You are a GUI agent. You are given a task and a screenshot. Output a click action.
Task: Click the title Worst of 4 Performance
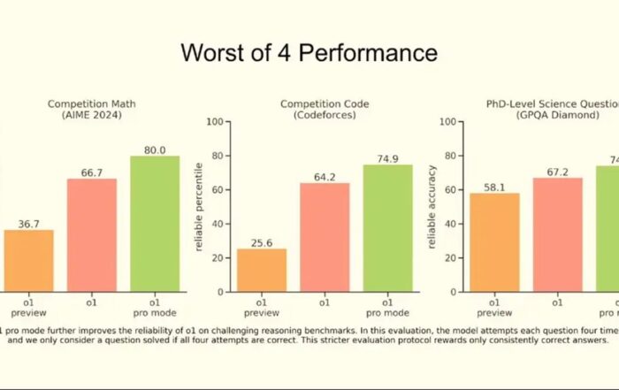click(309, 52)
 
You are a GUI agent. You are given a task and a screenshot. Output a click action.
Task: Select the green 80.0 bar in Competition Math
click(155, 224)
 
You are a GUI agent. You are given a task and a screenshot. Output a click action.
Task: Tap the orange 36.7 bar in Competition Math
click(28, 260)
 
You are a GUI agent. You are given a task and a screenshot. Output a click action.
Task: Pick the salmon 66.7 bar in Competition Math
click(92, 234)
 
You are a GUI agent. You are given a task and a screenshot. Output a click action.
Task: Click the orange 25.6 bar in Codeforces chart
click(262, 270)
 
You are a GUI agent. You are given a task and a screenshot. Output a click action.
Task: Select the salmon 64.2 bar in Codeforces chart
click(325, 237)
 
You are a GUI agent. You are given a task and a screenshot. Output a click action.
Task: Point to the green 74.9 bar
click(387, 228)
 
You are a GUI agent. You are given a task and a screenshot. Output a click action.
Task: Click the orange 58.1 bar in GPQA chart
click(494, 242)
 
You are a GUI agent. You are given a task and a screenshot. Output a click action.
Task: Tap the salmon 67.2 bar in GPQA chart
click(557, 234)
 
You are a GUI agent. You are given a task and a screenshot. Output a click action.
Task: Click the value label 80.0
click(155, 150)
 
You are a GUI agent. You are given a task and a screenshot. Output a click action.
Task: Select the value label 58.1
click(494, 187)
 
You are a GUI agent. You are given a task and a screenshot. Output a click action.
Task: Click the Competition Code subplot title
click(325, 110)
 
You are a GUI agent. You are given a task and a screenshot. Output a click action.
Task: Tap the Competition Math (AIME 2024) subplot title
click(92, 110)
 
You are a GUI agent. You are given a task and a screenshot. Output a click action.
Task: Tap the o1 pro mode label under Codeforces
click(387, 308)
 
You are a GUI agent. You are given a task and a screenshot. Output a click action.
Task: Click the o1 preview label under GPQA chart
click(494, 308)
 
